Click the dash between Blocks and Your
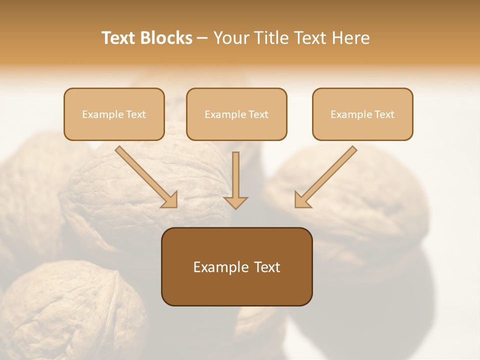point(202,38)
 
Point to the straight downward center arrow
point(235,175)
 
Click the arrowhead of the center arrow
point(235,202)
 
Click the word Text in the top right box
point(384,114)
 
